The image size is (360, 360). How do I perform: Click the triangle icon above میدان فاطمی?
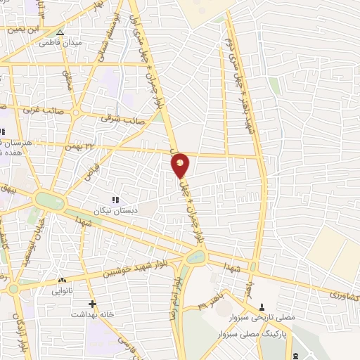(60, 32)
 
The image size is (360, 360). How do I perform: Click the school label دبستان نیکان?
(115, 210)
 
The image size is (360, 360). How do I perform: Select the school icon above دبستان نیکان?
(115, 200)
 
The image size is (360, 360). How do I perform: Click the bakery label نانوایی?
(62, 289)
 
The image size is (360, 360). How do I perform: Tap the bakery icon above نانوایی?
(62, 279)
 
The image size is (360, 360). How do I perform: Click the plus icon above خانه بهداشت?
(91, 304)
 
